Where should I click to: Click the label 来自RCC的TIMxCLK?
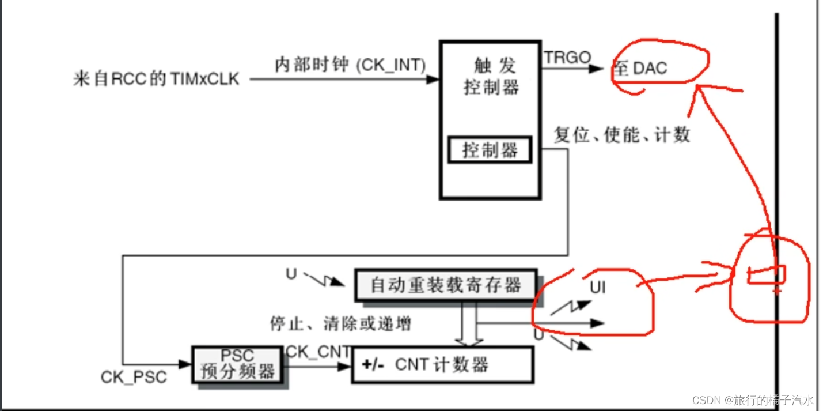pos(156,79)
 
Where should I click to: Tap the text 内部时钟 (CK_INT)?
pos(350,65)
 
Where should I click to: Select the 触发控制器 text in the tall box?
pos(491,77)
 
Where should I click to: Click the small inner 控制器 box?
pos(490,151)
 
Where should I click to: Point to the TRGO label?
pos(568,57)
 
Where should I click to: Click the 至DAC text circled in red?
pos(640,69)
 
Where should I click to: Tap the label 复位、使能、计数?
pos(622,135)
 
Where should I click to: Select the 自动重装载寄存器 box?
pos(446,285)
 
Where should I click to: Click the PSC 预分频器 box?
pos(237,364)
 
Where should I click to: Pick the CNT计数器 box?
pos(442,365)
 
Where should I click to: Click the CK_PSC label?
pos(134,378)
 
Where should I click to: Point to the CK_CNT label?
pos(318,351)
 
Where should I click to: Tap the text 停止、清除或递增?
pos(341,324)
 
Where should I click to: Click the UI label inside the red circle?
pos(598,286)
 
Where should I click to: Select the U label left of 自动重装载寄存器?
pos(291,273)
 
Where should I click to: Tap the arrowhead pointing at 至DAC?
pos(597,69)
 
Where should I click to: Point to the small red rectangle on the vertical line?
pos(764,275)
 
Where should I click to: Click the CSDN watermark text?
pos(753,400)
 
